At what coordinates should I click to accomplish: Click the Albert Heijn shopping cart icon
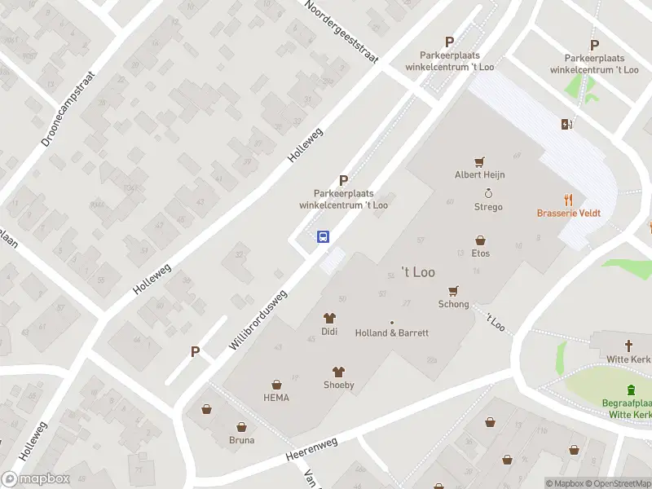coord(480,161)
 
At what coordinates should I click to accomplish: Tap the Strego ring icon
coord(488,193)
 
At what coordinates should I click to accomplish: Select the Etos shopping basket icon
coord(481,240)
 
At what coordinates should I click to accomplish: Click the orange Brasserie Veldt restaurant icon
coord(569,199)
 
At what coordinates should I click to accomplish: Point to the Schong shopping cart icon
coord(454,290)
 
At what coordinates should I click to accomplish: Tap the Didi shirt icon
coord(329,318)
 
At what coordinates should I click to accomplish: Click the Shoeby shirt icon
coord(338,372)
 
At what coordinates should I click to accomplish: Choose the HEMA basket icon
coord(276,384)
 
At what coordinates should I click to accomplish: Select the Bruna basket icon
coord(241,426)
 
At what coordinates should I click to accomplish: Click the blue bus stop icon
coord(324,237)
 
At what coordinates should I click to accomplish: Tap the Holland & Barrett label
coord(392,333)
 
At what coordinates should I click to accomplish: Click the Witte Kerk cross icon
coord(629,346)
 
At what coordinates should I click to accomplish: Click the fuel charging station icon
coord(566,124)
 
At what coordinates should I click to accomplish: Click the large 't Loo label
coord(418,272)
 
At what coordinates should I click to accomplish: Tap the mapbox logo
coord(36,479)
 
